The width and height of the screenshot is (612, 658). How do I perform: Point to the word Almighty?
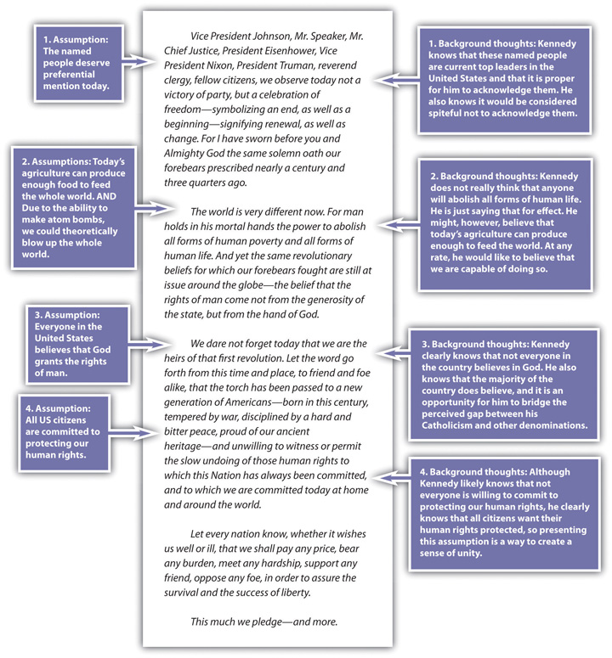(183, 154)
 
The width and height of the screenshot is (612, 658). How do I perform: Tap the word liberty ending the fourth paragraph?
(296, 593)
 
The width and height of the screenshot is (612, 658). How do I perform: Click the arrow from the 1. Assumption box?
(139, 61)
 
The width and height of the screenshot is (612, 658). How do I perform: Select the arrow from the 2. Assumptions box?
(155, 208)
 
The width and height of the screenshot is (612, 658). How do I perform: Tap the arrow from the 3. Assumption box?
(149, 344)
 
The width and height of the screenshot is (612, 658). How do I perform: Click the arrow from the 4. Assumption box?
(133, 433)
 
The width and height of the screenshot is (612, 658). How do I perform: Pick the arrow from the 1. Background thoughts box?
(396, 80)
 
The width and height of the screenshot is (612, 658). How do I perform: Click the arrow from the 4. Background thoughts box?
(392, 478)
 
